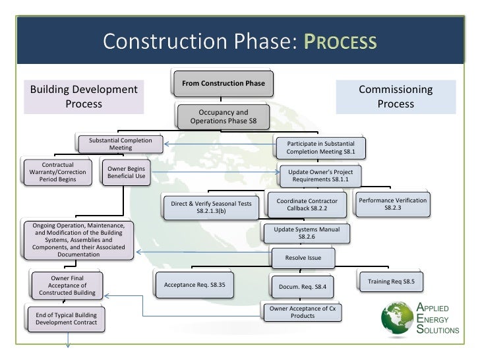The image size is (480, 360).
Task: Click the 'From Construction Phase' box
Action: pyautogui.click(x=224, y=84)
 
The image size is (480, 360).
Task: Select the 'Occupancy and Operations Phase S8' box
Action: pyautogui.click(x=224, y=117)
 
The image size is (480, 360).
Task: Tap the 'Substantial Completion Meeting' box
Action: pyautogui.click(x=120, y=144)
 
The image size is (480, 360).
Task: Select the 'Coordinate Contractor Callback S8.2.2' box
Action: pyautogui.click(x=307, y=204)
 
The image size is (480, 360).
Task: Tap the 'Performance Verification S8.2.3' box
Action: pyautogui.click(x=392, y=204)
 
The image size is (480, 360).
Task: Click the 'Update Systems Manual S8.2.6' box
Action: pyautogui.click(x=307, y=232)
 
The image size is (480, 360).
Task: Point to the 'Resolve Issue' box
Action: pyautogui.click(x=303, y=257)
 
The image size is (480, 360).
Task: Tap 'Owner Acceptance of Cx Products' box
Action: pyautogui.click(x=303, y=312)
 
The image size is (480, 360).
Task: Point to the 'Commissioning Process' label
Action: pyautogui.click(x=396, y=97)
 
